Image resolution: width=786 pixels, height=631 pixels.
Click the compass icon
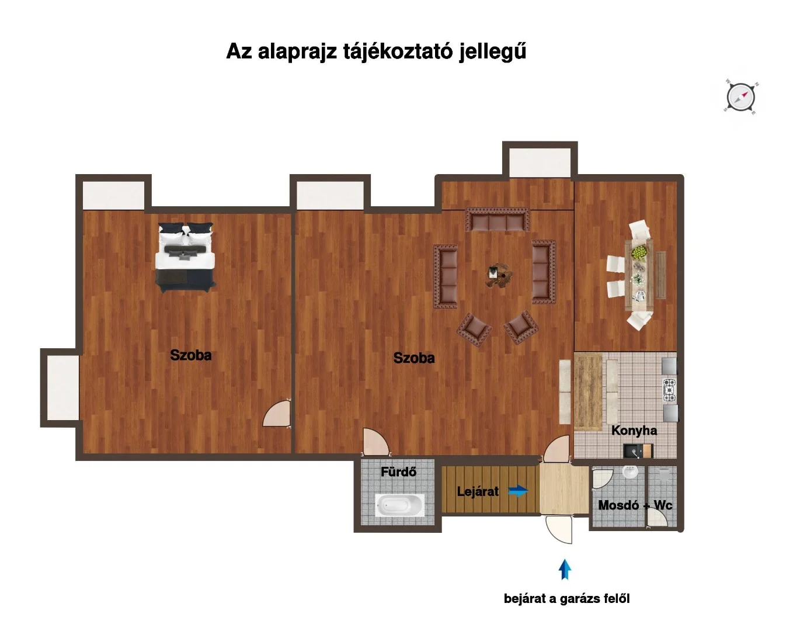(741, 96)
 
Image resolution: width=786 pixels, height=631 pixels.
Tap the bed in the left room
(185, 257)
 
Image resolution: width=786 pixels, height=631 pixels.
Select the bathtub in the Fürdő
(400, 505)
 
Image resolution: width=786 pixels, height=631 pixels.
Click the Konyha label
(634, 431)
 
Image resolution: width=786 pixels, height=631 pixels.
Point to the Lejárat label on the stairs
(478, 491)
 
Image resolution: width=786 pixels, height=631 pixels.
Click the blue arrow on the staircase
(518, 491)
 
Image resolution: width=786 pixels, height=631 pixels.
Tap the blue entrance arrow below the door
(564, 570)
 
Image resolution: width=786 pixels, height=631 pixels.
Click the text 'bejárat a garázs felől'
(566, 598)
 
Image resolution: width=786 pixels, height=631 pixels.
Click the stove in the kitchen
(669, 390)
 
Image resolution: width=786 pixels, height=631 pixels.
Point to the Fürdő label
(398, 472)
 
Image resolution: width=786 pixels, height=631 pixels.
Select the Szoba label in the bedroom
(190, 355)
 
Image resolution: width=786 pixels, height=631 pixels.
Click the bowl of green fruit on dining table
(640, 252)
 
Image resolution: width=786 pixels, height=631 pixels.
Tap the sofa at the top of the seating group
(497, 221)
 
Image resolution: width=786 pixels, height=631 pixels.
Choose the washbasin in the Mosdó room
(630, 472)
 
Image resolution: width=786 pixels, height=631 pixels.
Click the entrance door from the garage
(558, 529)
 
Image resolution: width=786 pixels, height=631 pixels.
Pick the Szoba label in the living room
(413, 358)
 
